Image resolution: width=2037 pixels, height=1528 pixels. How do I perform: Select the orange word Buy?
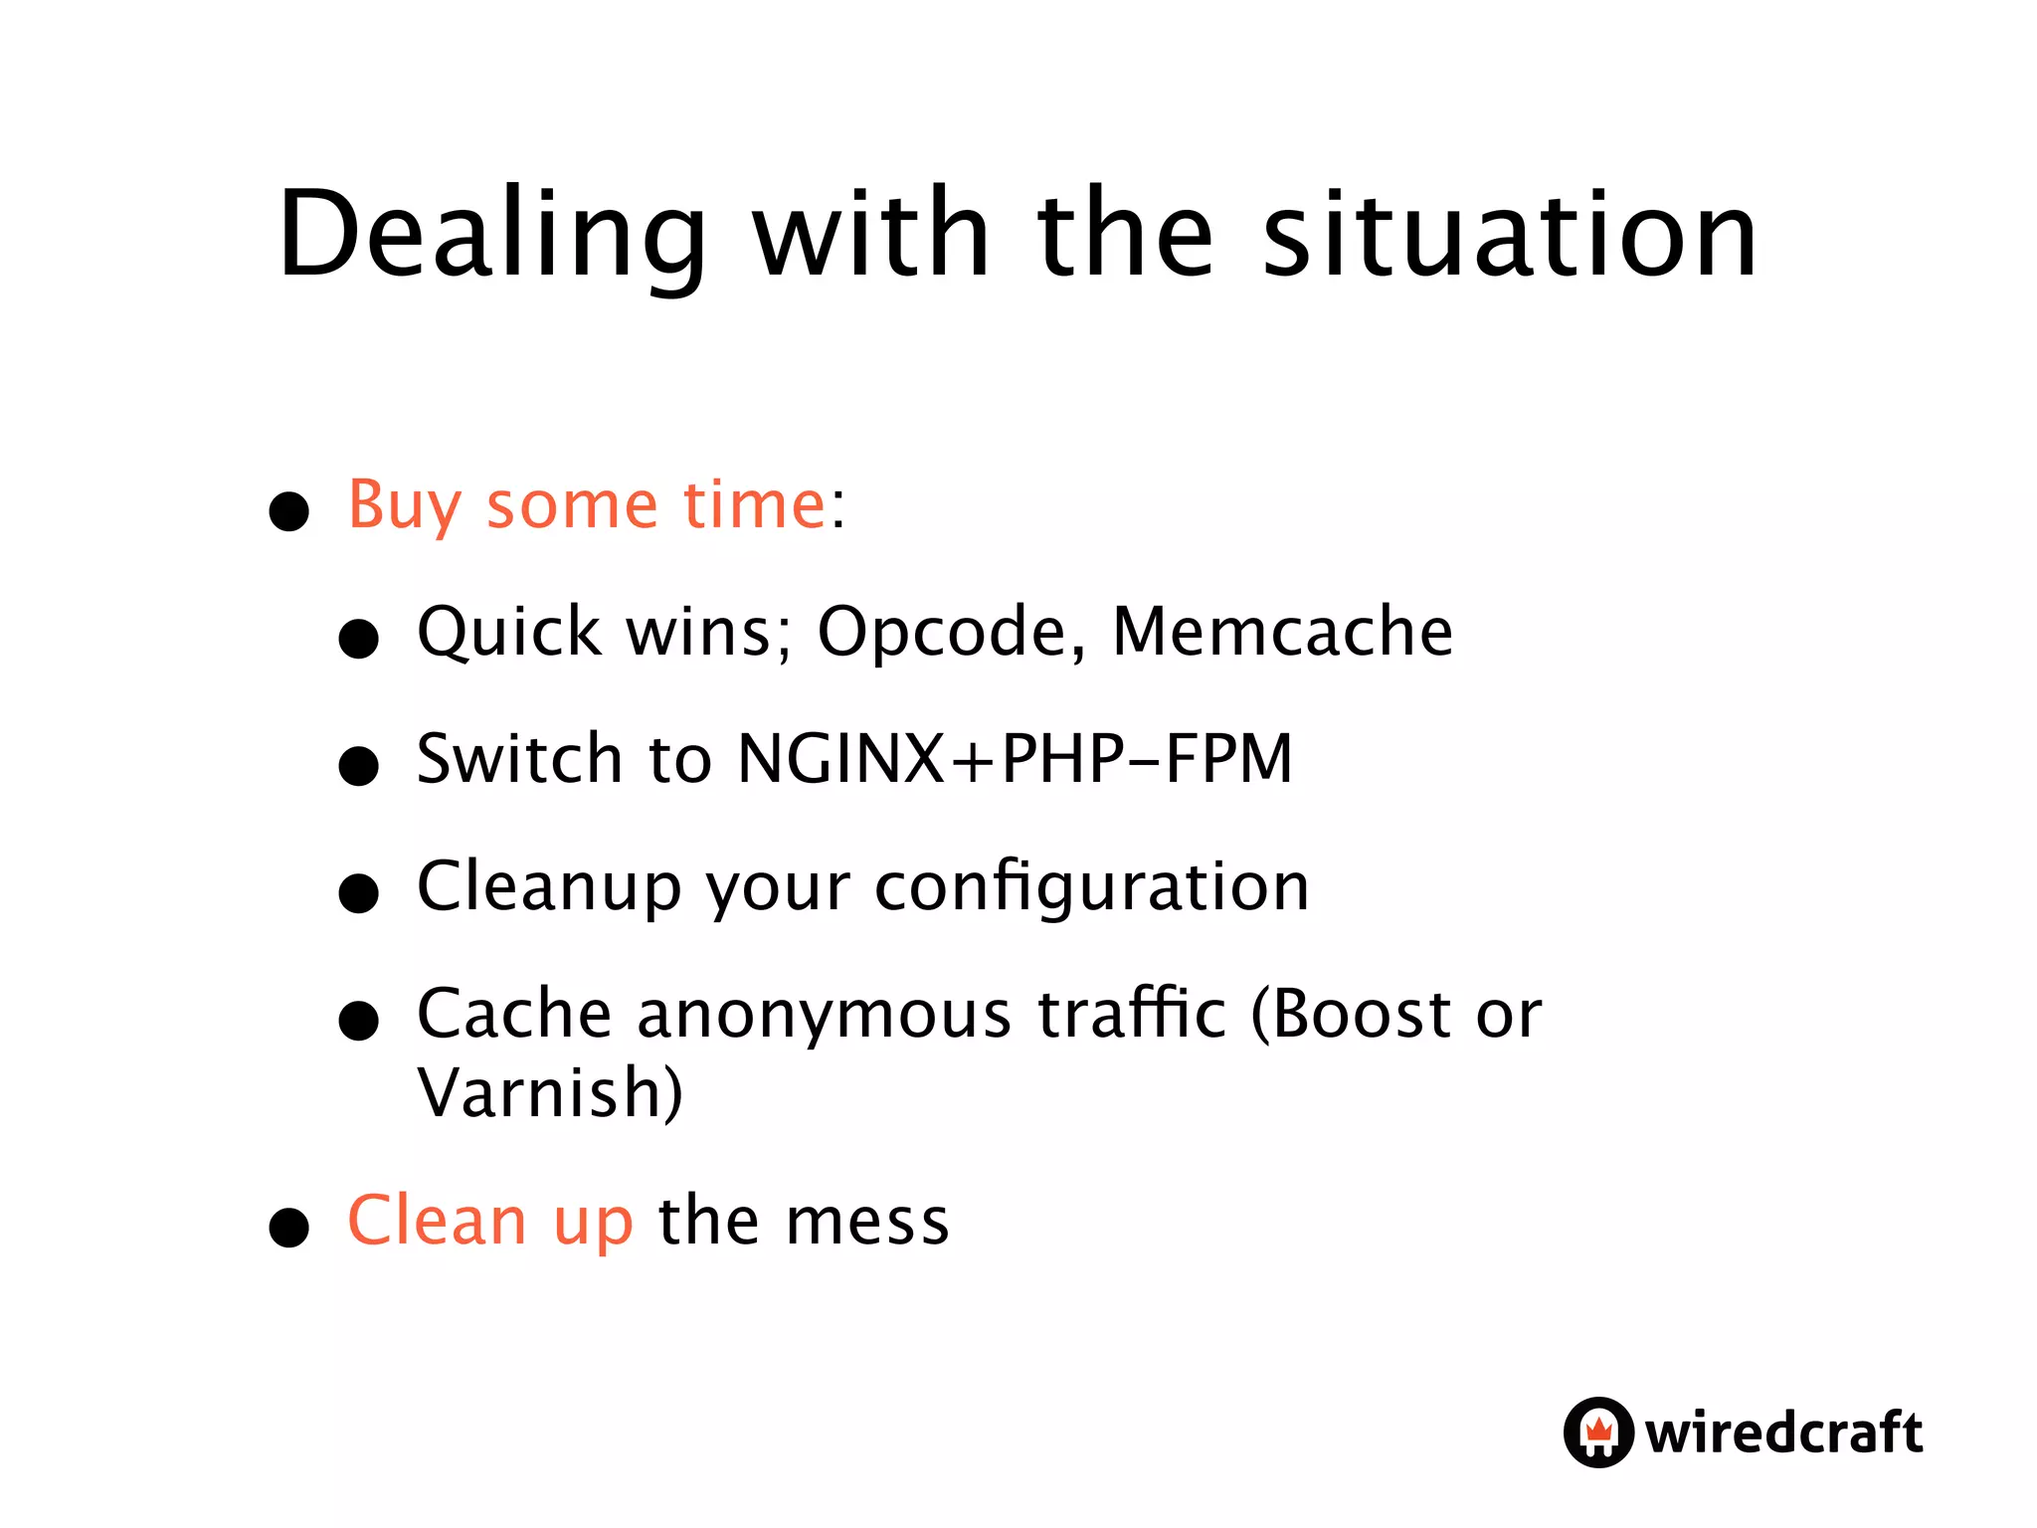[404, 507]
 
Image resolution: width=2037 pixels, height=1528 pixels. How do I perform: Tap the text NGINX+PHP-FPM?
[1015, 759]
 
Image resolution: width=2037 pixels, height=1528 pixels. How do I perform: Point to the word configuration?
[1091, 888]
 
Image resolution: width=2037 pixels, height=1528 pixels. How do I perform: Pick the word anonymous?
[825, 1016]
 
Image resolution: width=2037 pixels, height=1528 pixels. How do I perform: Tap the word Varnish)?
[550, 1093]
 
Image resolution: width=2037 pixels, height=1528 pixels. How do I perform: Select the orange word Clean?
[437, 1221]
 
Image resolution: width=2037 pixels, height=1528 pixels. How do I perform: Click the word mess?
[867, 1223]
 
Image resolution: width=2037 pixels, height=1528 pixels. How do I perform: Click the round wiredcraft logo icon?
[1597, 1432]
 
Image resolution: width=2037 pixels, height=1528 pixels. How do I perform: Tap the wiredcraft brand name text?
[1783, 1432]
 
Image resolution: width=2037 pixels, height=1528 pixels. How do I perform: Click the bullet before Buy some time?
[289, 511]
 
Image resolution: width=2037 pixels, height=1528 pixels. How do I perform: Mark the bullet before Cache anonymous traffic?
[359, 1021]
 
